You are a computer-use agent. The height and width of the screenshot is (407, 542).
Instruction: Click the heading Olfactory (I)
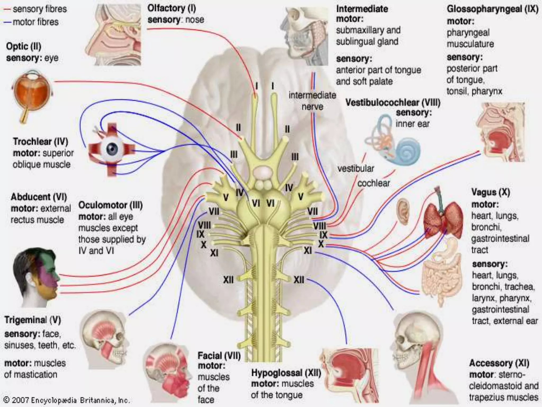tap(171, 8)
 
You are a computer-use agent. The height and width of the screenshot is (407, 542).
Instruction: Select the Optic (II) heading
tap(24, 47)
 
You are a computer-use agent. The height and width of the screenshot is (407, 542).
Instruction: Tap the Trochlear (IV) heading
tap(40, 141)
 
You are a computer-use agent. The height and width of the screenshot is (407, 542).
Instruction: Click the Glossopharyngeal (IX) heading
tap(493, 9)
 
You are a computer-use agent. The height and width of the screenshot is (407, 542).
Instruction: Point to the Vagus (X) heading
tap(490, 192)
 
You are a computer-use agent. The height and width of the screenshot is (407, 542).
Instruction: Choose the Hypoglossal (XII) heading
tap(286, 373)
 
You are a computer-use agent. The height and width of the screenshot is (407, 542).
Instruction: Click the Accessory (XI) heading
tap(499, 363)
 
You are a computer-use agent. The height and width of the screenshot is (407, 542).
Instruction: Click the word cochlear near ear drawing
tap(373, 183)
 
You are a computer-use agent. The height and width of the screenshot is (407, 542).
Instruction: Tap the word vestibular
tap(355, 169)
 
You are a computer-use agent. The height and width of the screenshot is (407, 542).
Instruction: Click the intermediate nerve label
tap(312, 101)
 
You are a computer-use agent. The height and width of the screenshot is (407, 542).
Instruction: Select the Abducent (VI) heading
tap(39, 197)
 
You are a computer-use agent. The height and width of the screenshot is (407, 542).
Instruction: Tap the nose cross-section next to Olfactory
tap(114, 34)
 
